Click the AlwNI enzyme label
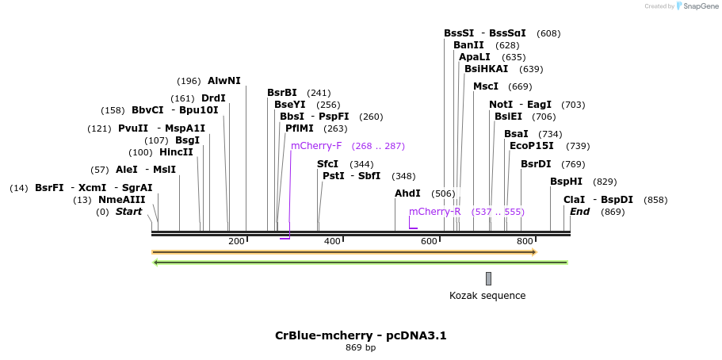[x=223, y=81]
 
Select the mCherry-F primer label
[x=316, y=146]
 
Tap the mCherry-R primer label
[x=434, y=212]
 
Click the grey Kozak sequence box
[x=488, y=278]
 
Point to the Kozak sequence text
[x=487, y=296]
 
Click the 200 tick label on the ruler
[x=236, y=241]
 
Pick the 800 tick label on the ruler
[x=525, y=241]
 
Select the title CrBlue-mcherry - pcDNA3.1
[x=361, y=335]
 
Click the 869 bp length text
[x=361, y=347]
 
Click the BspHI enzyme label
[x=566, y=182]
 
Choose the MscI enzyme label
[x=486, y=86]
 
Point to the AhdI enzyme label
[x=407, y=193]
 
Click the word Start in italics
[x=128, y=212]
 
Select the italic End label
[x=579, y=212]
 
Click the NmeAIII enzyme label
[x=121, y=200]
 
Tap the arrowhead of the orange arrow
[x=534, y=252]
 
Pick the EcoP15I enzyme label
[x=531, y=146]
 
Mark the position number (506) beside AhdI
[x=443, y=193]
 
